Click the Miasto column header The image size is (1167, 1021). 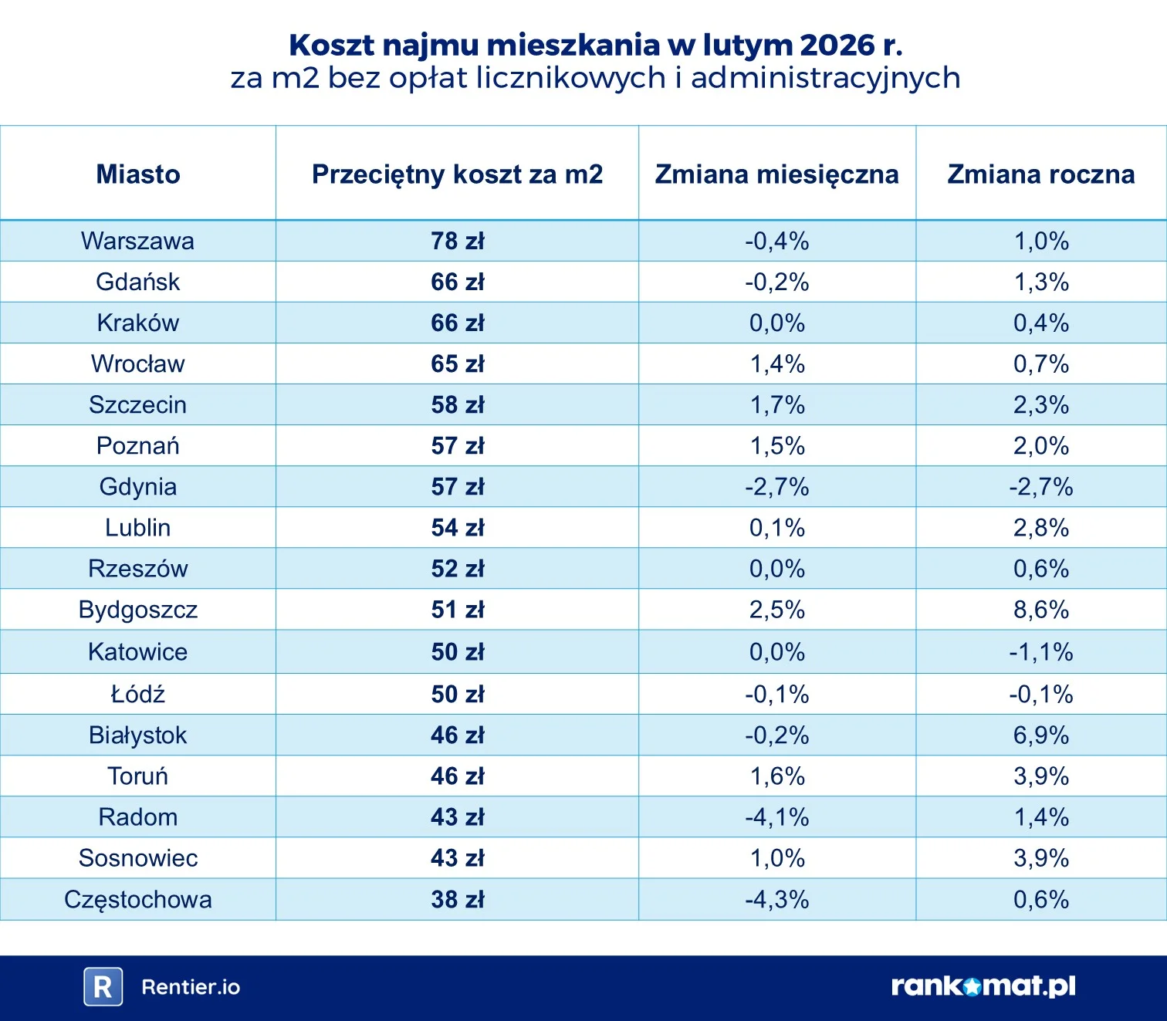coord(138,174)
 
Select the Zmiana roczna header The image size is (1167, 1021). coord(1041,174)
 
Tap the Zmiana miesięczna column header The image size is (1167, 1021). coord(777,174)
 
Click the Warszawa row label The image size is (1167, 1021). coord(137,241)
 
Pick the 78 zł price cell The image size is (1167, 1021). coord(458,241)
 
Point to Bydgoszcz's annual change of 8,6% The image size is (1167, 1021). coord(1041,610)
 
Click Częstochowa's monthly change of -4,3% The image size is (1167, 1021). coord(777,900)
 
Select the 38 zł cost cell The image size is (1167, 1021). coord(458,900)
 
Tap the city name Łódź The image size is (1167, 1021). coord(137,694)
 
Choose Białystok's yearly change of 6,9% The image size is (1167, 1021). coord(1041,735)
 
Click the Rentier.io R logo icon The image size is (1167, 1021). coord(103,986)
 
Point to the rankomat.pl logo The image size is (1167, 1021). coord(983,986)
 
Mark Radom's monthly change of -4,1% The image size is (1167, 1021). coord(777,816)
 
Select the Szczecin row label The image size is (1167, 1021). coord(137,404)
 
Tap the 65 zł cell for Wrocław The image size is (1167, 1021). coord(458,363)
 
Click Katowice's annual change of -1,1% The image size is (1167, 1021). coord(1041,651)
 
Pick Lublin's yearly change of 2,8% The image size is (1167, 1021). coord(1041,528)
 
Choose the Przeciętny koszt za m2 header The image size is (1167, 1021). coord(458,174)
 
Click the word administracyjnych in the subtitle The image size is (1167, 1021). coord(825,78)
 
